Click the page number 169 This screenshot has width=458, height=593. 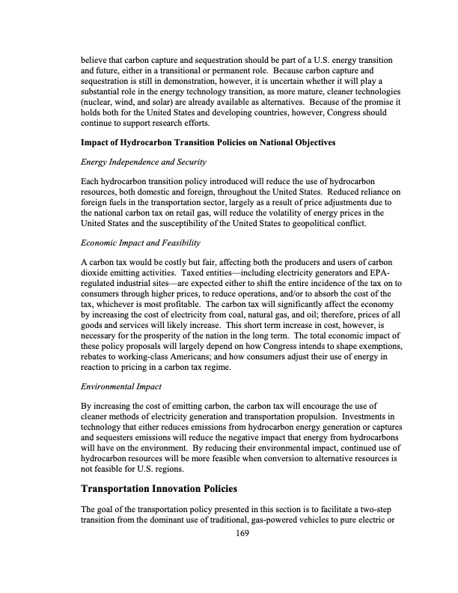240,533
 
